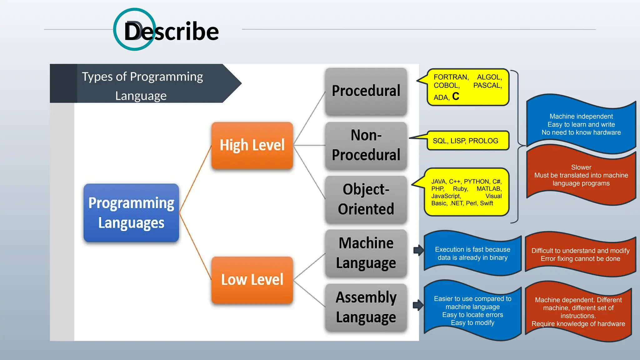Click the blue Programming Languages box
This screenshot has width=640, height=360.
pyautogui.click(x=131, y=213)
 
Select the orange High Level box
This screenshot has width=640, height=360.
pyautogui.click(x=252, y=146)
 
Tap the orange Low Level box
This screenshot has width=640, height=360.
pyautogui.click(x=252, y=280)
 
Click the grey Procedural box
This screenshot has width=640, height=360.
pyautogui.click(x=366, y=91)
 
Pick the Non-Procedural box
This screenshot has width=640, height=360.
pyautogui.click(x=366, y=145)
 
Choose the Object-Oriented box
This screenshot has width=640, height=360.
pyautogui.click(x=366, y=199)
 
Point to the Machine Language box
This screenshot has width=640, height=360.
pyautogui.click(x=366, y=253)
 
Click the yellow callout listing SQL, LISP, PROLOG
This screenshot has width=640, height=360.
pyautogui.click(x=467, y=141)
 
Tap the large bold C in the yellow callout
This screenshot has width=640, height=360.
pyautogui.click(x=456, y=96)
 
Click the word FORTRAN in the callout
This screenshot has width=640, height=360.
pyautogui.click(x=451, y=77)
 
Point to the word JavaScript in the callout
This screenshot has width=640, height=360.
pyautogui.click(x=446, y=196)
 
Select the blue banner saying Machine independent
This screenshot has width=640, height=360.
pyautogui.click(x=581, y=124)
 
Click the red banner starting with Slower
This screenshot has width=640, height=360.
pyautogui.click(x=581, y=175)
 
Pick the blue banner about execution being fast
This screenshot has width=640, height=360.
pyautogui.click(x=472, y=253)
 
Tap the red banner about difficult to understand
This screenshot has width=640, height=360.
pyautogui.click(x=580, y=255)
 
